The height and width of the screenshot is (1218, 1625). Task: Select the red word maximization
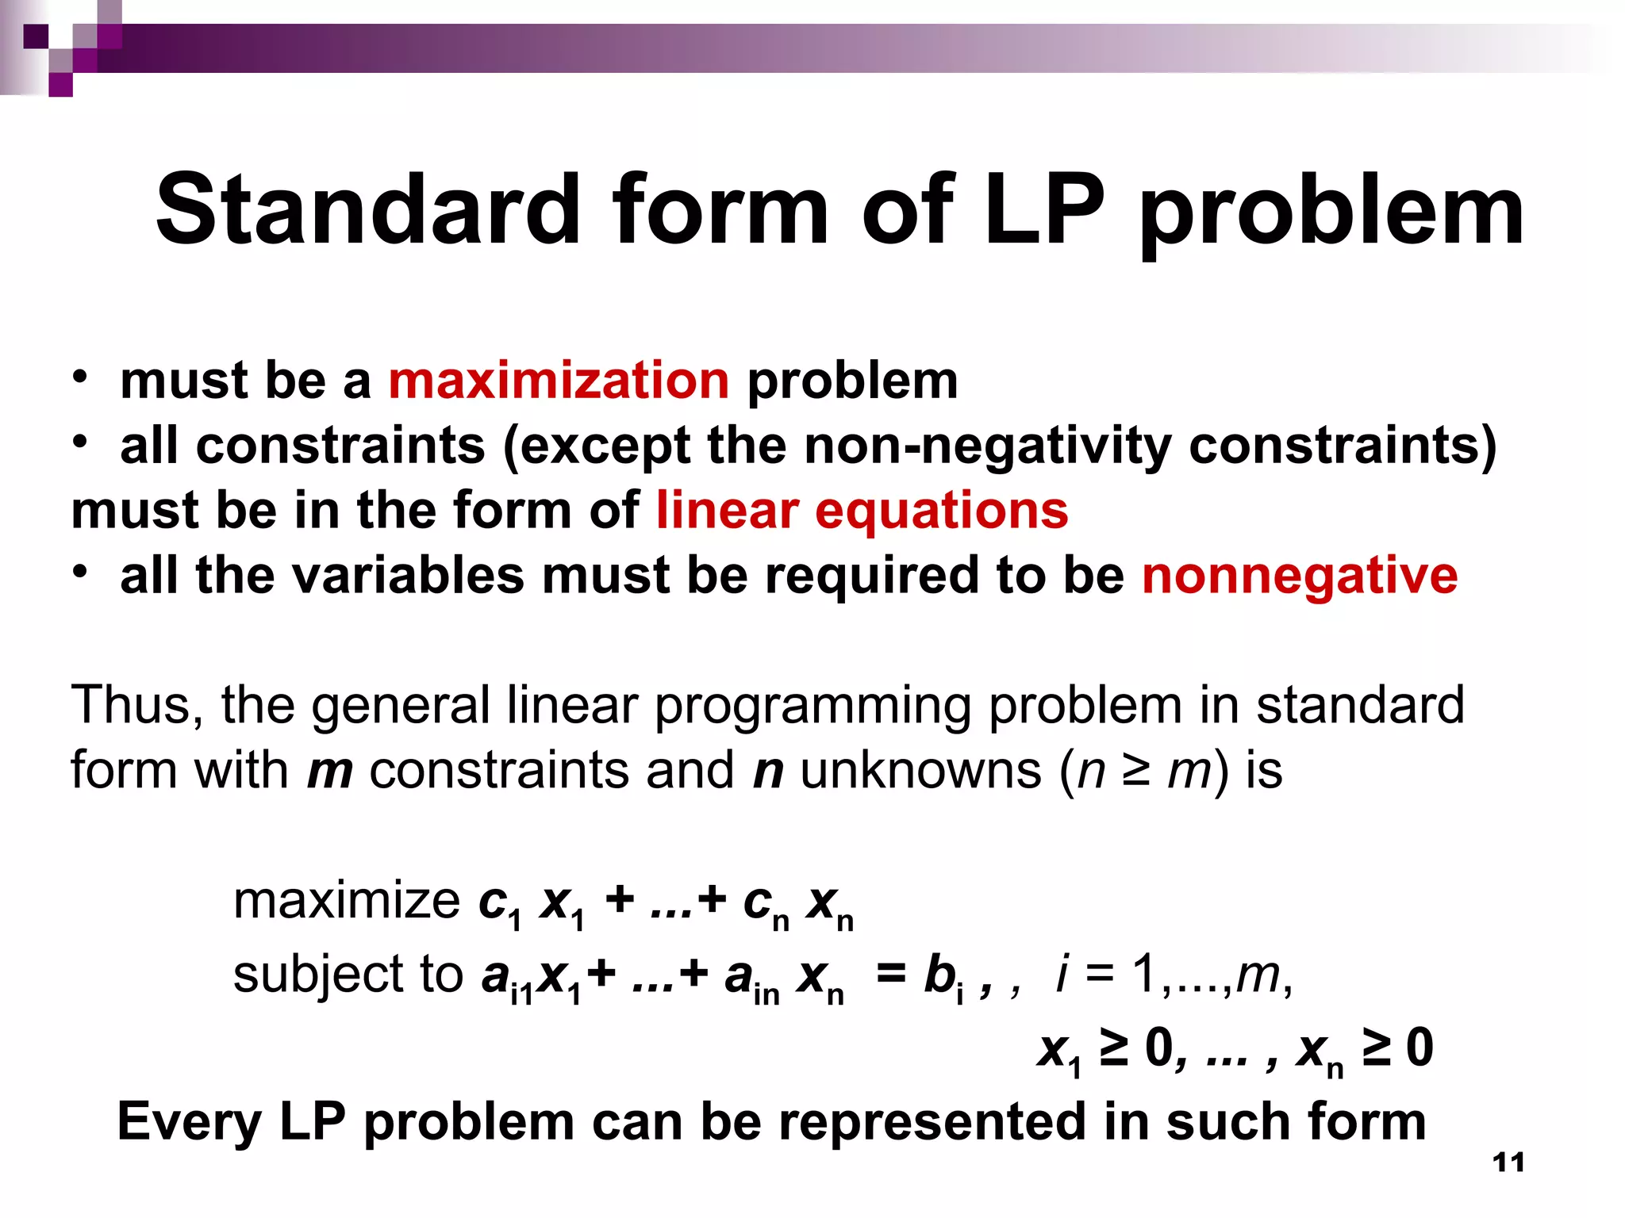(x=559, y=380)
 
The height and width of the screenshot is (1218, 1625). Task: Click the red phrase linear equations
(x=862, y=510)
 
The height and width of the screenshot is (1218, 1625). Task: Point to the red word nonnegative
(x=1300, y=575)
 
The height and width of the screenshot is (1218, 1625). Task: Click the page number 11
(x=1508, y=1162)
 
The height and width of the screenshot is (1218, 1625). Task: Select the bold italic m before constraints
(x=330, y=771)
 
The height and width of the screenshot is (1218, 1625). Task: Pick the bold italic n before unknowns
(x=768, y=771)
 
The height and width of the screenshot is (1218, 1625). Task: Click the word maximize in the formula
(x=347, y=902)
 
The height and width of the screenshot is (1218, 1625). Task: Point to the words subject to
(x=348, y=974)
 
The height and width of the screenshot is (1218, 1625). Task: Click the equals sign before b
(x=891, y=974)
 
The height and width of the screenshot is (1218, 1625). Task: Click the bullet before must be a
(x=79, y=377)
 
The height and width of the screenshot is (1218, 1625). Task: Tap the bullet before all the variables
(x=79, y=572)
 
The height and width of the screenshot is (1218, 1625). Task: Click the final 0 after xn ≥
(x=1419, y=1048)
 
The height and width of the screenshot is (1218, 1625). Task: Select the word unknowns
(x=920, y=771)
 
